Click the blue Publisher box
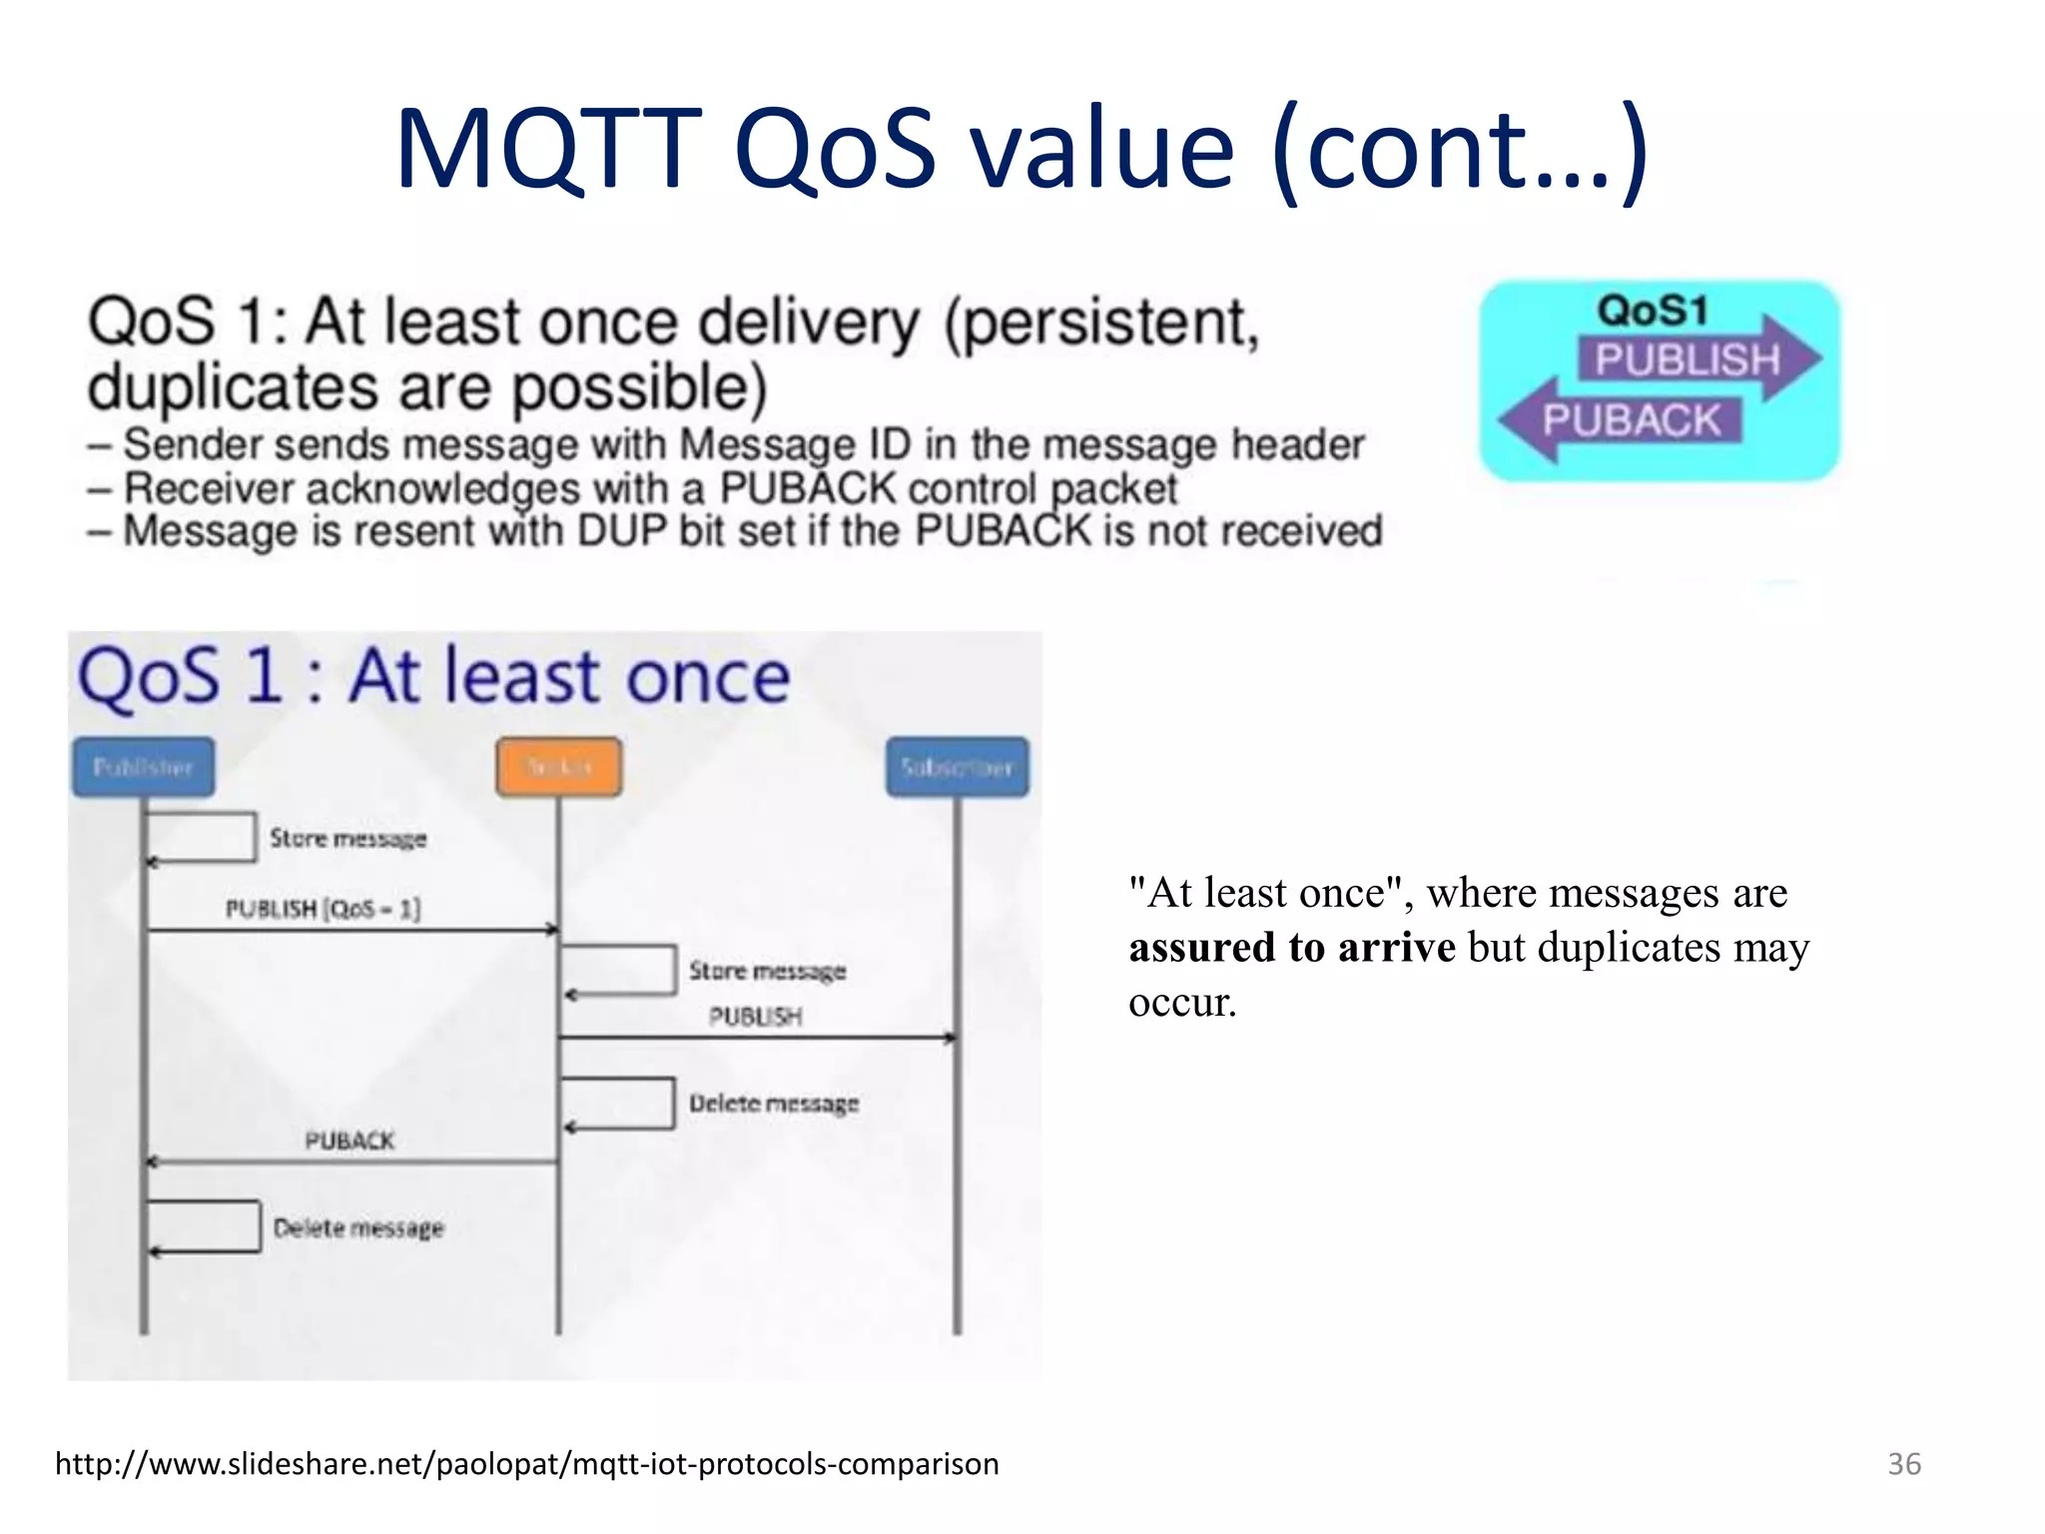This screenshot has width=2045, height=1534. coord(143,767)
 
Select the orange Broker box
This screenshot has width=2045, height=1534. coord(559,767)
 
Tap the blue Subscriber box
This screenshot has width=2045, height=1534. coord(957,767)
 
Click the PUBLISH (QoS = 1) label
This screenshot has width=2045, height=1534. coord(323,909)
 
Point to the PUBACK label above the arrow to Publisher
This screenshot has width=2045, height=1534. coord(349,1141)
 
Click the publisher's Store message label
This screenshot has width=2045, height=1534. coord(347,838)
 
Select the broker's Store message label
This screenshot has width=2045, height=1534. coord(767,971)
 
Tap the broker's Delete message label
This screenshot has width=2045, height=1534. coord(774,1104)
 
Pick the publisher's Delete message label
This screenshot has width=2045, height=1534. coord(358,1227)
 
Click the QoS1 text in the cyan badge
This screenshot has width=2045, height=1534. coord(1653,310)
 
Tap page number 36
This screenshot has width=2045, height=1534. coord(1903,1464)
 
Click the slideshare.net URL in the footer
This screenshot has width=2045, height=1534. coord(527,1464)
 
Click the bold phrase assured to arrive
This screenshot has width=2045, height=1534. coord(1292,947)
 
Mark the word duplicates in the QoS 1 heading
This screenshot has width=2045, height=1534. coord(233,387)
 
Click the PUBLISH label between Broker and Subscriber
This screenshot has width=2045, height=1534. coord(755,1016)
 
